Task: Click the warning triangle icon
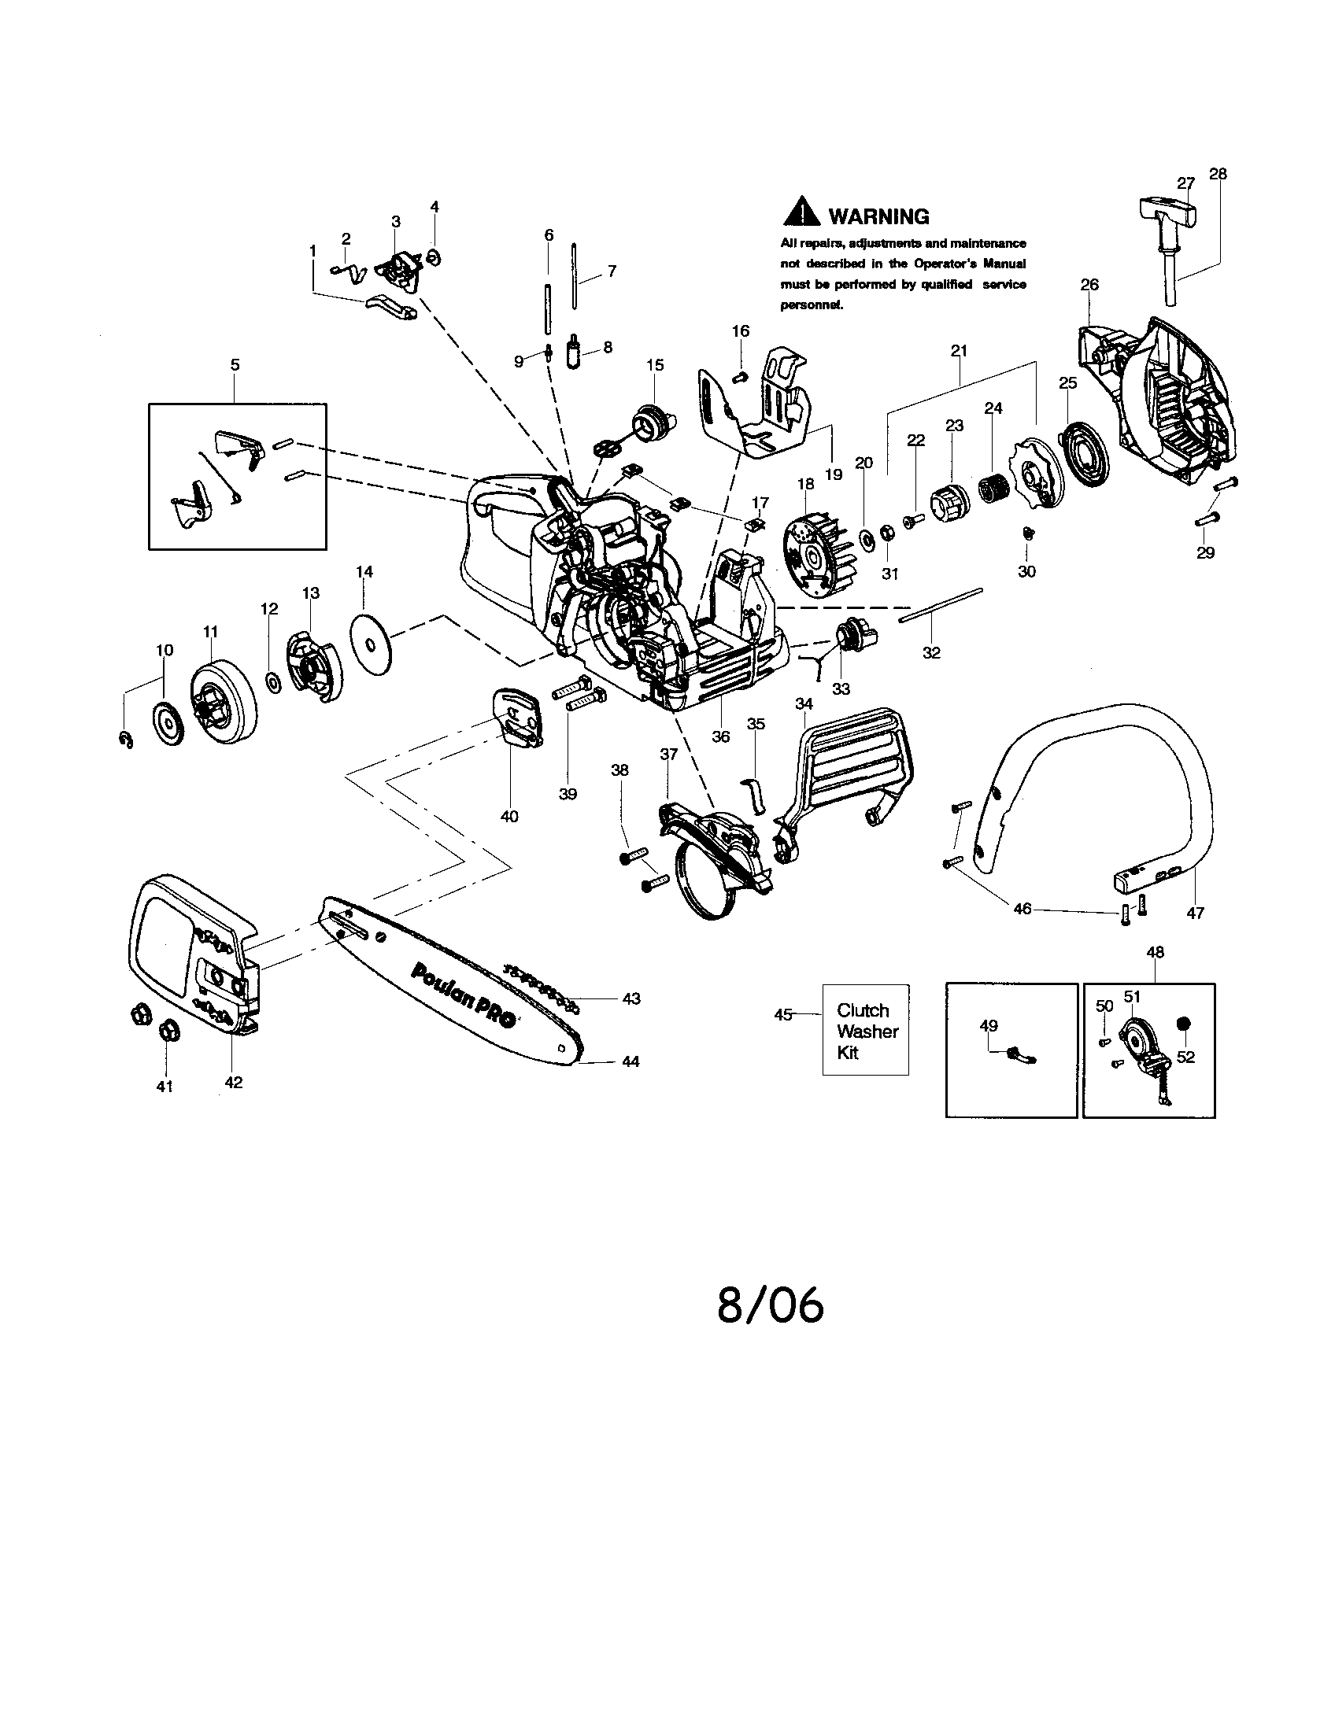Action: [x=801, y=211]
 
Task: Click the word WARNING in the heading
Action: [x=878, y=216]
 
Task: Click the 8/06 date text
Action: [x=770, y=1306]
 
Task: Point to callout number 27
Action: [x=1185, y=183]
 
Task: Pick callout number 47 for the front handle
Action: [x=1195, y=913]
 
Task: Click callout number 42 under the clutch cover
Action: [x=234, y=1082]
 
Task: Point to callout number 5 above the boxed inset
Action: [x=235, y=365]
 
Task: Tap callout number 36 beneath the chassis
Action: [x=719, y=736]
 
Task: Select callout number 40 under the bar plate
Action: [x=509, y=816]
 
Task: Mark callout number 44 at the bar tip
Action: [x=630, y=1061]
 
